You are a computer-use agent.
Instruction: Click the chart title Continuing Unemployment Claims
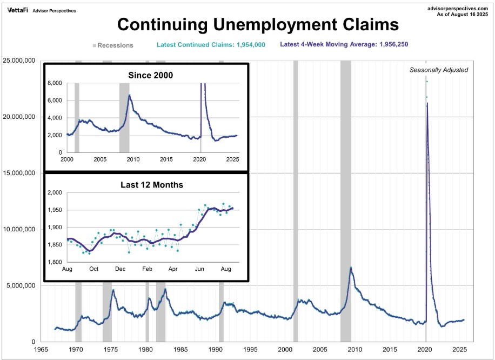click(x=258, y=25)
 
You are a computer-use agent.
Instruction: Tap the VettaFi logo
click(x=17, y=10)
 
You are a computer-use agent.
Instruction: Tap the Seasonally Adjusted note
click(x=438, y=70)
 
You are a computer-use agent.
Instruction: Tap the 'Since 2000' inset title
click(x=150, y=75)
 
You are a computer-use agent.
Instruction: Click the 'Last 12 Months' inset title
click(x=151, y=185)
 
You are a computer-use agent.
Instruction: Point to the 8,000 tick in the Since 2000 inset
click(x=55, y=83)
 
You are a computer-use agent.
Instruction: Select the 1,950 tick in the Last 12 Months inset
click(x=55, y=210)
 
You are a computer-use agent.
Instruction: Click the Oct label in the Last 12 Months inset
click(x=93, y=269)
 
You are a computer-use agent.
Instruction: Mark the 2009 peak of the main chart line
click(x=351, y=268)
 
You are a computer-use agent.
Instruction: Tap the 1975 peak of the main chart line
click(x=113, y=290)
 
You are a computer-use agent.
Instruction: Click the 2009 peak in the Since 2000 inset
click(x=129, y=96)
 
